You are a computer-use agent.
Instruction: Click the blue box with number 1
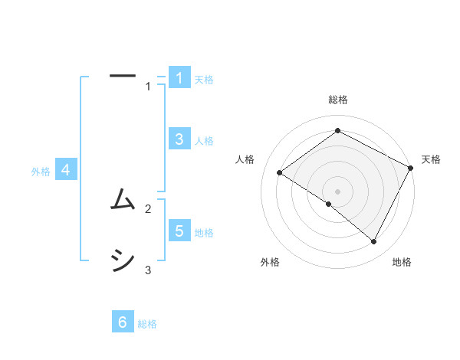click(179, 77)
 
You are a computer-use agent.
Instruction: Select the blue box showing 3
click(179, 139)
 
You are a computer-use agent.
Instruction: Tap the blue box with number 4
click(66, 170)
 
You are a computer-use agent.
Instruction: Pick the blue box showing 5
click(179, 231)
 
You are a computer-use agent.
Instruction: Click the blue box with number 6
click(123, 322)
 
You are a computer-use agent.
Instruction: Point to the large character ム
click(123, 201)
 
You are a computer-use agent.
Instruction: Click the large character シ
click(123, 261)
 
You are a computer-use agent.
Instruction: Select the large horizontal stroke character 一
click(123, 76)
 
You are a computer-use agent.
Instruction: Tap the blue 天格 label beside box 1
click(204, 80)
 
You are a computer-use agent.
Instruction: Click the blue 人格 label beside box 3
click(204, 141)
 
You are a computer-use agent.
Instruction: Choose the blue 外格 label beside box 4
click(41, 172)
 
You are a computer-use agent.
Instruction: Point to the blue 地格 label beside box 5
click(204, 233)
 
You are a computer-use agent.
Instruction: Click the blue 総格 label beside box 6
click(147, 325)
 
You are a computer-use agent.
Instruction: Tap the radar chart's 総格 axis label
click(337, 100)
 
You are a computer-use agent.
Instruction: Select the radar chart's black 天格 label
click(431, 159)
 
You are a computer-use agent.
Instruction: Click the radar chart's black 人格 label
click(245, 159)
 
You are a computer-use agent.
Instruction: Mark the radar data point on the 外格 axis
click(329, 204)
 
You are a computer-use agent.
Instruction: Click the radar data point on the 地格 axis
click(374, 242)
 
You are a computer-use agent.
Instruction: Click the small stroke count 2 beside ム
click(148, 208)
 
